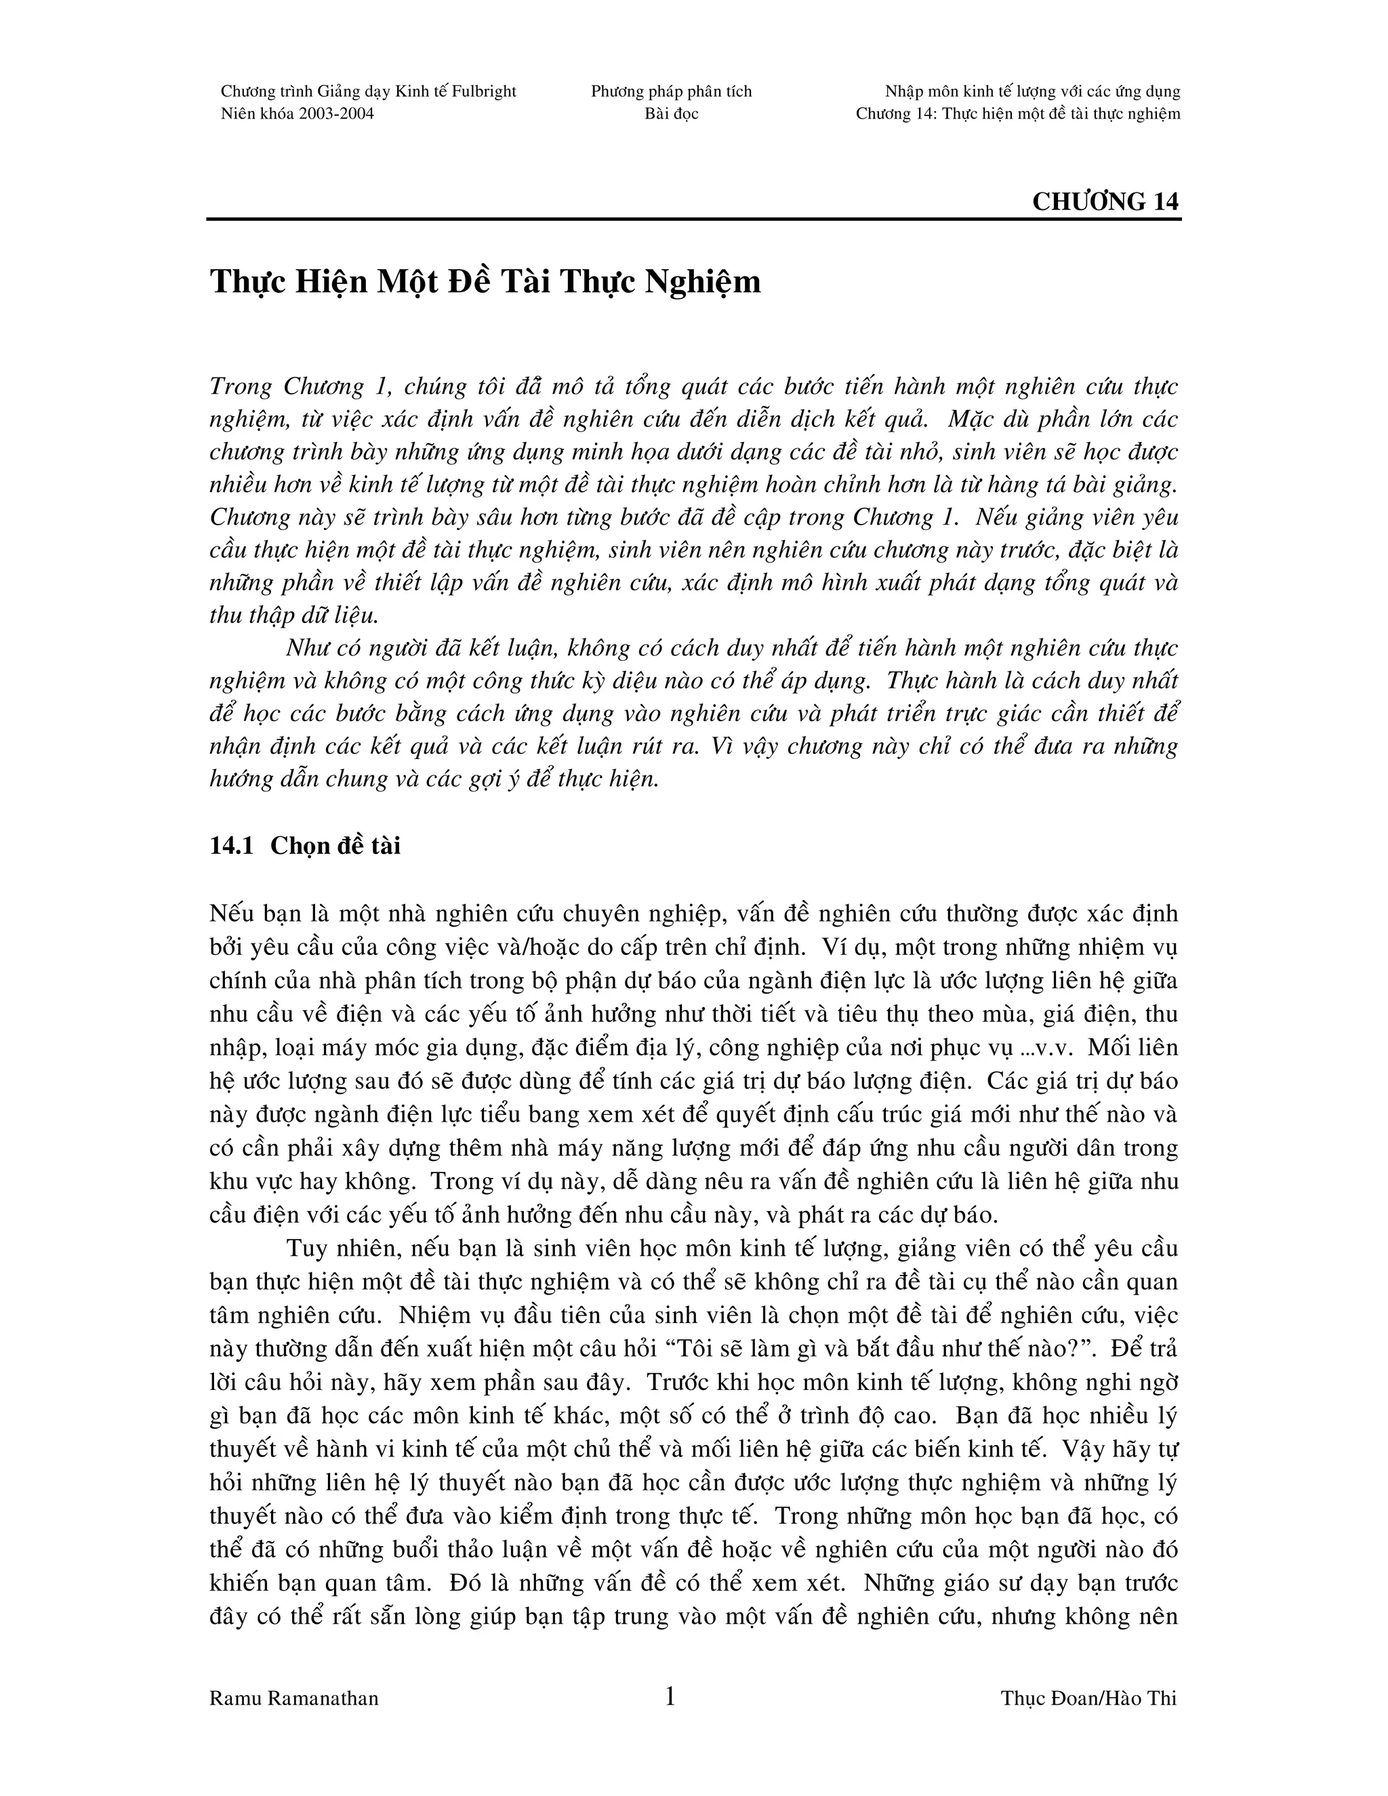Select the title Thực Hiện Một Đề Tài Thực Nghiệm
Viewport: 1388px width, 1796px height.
[x=485, y=282]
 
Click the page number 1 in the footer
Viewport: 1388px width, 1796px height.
[x=670, y=1696]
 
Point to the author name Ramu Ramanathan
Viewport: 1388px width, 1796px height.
[x=293, y=1699]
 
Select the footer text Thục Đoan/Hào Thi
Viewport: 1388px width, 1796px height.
[x=1088, y=1699]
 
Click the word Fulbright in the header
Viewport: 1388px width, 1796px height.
[x=483, y=91]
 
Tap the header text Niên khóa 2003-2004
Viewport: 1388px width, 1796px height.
[x=297, y=113]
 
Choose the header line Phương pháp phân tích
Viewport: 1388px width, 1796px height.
[x=671, y=91]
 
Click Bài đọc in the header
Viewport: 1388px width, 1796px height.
[x=671, y=113]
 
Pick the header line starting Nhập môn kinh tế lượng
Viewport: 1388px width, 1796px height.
[x=1032, y=91]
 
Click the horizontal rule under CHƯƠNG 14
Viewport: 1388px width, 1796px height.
[x=693, y=220]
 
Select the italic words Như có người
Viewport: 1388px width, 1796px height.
[x=355, y=648]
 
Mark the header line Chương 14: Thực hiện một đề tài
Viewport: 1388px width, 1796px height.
[x=1017, y=113]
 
